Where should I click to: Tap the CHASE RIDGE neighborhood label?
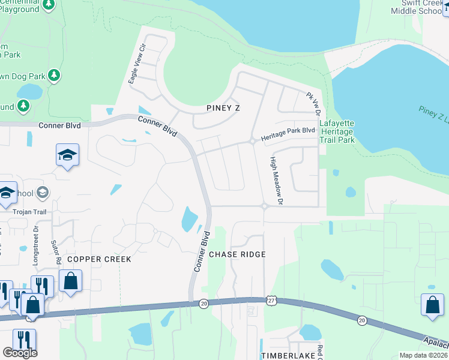(x=237, y=254)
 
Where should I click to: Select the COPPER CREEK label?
(x=98, y=259)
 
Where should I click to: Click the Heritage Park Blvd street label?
(x=288, y=134)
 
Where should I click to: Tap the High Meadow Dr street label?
(x=276, y=181)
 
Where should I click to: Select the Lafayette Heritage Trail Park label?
(x=337, y=132)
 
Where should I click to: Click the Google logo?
(x=20, y=352)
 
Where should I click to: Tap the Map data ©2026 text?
(x=423, y=355)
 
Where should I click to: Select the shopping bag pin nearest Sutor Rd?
(x=70, y=280)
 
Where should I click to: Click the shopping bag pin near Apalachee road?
(x=432, y=304)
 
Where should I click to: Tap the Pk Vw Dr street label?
(x=314, y=104)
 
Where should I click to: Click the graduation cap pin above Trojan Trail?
(x=68, y=155)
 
